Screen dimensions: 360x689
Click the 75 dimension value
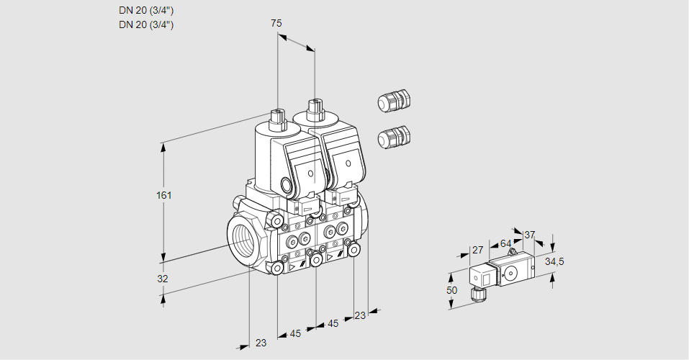point(276,23)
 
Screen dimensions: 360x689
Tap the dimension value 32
point(163,279)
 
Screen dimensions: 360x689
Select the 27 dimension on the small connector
point(477,250)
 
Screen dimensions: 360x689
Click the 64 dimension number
point(505,243)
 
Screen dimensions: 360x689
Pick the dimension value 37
point(530,235)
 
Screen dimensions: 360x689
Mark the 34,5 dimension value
point(554,261)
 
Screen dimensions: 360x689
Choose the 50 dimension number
point(451,290)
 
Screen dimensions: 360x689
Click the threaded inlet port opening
point(243,238)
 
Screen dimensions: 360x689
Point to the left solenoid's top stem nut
point(277,116)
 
